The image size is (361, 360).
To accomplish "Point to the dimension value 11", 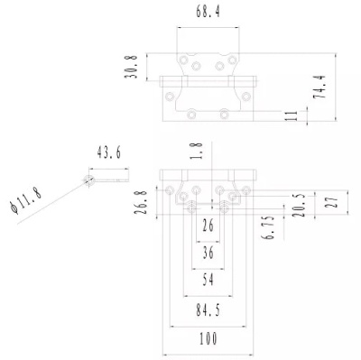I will [291, 115].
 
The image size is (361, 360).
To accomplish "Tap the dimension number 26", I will [209, 225].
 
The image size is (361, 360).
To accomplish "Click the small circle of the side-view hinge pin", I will [89, 180].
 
